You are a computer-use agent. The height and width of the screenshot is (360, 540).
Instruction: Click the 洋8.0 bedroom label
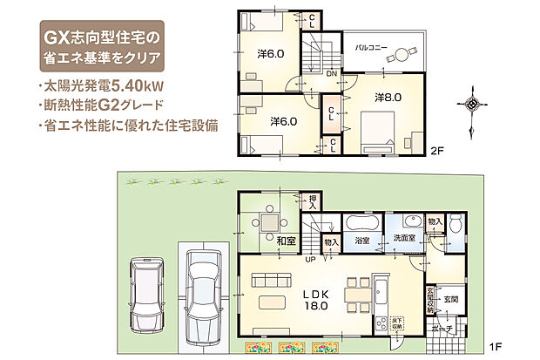click(388, 98)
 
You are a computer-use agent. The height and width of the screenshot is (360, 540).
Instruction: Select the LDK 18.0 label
click(315, 299)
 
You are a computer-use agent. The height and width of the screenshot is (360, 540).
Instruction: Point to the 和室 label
click(287, 239)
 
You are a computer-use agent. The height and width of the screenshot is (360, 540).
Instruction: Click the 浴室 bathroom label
click(362, 238)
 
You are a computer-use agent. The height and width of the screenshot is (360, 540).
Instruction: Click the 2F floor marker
click(438, 150)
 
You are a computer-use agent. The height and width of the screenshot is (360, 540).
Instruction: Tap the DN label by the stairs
click(332, 74)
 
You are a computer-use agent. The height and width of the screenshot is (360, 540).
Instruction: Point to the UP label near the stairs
click(309, 259)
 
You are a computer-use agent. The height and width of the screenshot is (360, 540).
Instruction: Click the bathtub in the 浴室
click(362, 221)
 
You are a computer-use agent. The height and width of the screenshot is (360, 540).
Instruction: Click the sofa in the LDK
click(270, 280)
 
